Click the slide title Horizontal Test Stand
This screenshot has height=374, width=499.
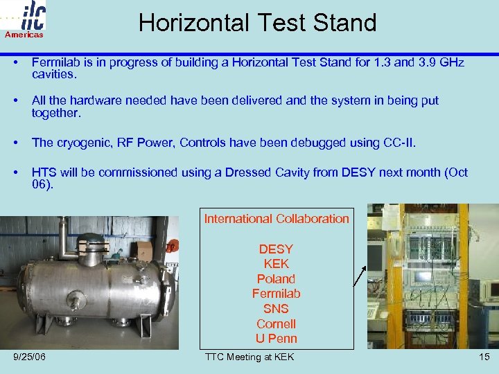point(257,22)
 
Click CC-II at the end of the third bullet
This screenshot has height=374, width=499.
point(401,143)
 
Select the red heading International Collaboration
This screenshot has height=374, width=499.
point(277,219)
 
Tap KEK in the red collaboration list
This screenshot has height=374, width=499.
point(276,264)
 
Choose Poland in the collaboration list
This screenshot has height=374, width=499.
point(276,279)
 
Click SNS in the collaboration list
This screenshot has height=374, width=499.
point(276,309)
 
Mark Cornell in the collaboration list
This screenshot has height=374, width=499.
point(276,324)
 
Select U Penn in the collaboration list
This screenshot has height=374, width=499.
point(276,339)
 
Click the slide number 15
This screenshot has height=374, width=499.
point(483,357)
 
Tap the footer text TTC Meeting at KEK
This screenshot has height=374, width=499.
point(249,357)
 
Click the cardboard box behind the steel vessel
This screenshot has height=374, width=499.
point(145,251)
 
